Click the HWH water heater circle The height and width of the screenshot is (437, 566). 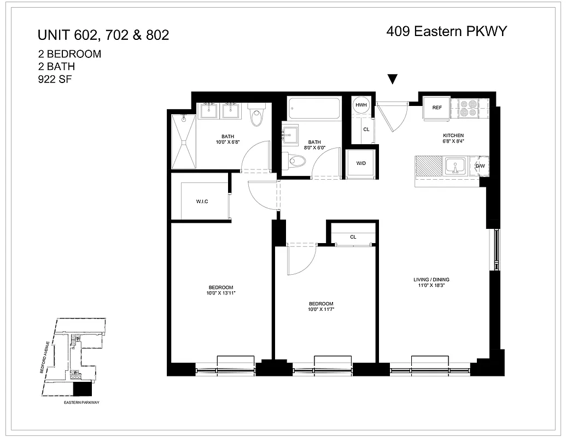(361, 105)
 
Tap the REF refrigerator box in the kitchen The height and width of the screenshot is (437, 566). (436, 108)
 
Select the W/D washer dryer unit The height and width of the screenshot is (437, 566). (361, 163)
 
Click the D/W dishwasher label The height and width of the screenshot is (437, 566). (480, 166)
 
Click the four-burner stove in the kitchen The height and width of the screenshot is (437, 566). (468, 108)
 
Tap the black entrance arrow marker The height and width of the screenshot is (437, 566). (392, 80)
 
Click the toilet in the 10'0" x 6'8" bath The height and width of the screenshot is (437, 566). (256, 116)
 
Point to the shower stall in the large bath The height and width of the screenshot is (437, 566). (183, 141)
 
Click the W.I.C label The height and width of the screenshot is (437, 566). (202, 202)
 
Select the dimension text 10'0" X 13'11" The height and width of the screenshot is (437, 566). (221, 293)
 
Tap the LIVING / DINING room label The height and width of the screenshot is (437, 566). (431, 280)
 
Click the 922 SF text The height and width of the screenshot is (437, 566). (55, 79)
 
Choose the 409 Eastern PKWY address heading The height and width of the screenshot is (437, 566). (447, 32)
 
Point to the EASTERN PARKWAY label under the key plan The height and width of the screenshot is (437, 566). (82, 402)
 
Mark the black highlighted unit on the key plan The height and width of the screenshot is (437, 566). (83, 389)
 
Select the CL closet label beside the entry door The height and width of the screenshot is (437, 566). (366, 129)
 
